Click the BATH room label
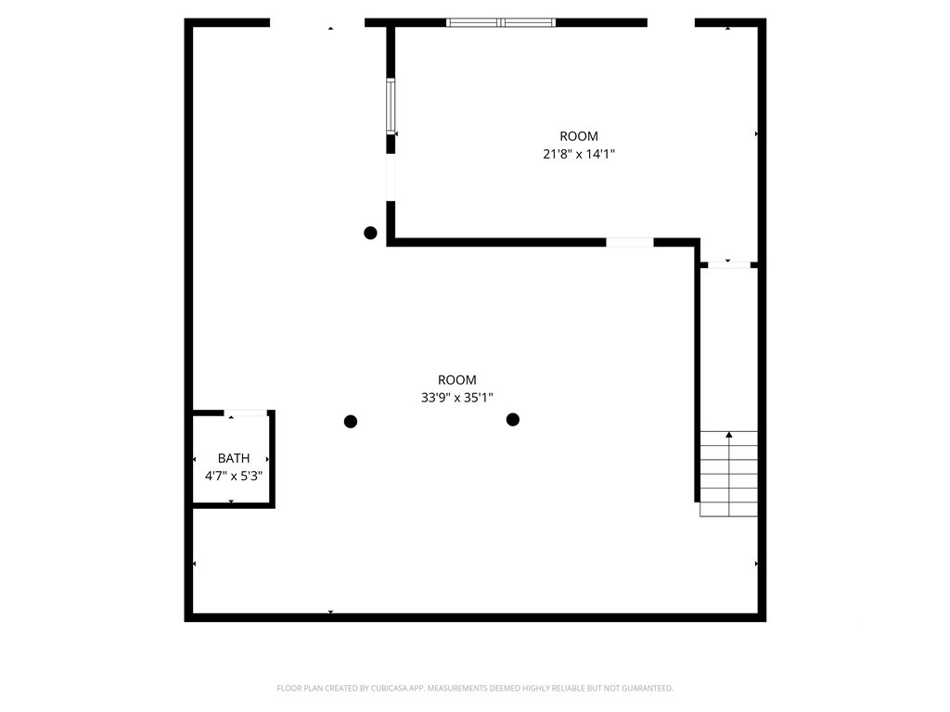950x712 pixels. click(234, 458)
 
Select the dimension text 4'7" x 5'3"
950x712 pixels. click(234, 476)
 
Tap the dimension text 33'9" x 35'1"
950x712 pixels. click(456, 398)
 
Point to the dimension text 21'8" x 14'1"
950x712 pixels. click(579, 155)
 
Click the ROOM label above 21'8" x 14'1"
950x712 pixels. click(579, 136)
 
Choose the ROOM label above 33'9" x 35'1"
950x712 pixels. click(456, 380)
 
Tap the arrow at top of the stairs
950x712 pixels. click(729, 435)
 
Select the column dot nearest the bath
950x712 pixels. click(351, 422)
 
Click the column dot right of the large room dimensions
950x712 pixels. click(513, 420)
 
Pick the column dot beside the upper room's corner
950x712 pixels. click(370, 233)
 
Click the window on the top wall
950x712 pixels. click(501, 22)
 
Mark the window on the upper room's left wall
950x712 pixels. click(391, 107)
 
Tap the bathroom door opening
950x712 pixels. click(247, 413)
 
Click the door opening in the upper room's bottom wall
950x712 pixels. click(630, 243)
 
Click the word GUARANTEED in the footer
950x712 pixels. click(642, 688)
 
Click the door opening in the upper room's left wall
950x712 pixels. click(391, 176)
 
